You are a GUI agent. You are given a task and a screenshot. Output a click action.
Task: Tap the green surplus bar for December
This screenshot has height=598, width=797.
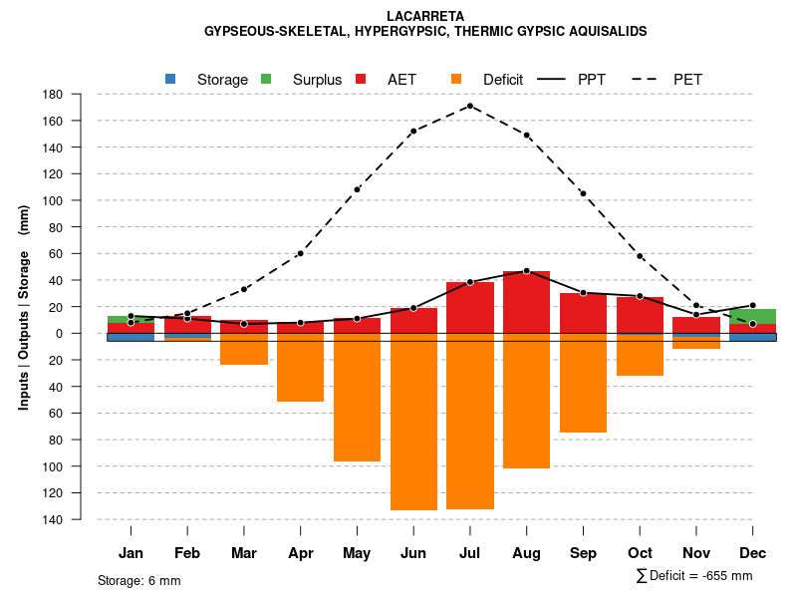(752, 316)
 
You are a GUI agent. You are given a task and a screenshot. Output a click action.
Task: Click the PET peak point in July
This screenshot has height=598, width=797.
(470, 106)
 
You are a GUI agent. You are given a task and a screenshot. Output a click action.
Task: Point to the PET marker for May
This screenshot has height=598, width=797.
(357, 189)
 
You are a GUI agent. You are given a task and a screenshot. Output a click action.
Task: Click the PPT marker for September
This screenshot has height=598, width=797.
(583, 293)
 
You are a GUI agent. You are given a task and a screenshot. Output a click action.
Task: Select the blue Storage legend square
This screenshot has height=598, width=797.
(170, 79)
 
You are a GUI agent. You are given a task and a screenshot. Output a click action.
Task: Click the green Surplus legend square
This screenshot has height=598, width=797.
(266, 79)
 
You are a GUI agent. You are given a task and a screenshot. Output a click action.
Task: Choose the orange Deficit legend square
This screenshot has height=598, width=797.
(456, 79)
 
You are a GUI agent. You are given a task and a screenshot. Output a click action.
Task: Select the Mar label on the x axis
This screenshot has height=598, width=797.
(243, 553)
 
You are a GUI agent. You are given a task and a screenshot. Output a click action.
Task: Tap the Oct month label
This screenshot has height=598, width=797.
(640, 553)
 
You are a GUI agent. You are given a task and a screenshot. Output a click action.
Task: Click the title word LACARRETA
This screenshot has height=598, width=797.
(424, 16)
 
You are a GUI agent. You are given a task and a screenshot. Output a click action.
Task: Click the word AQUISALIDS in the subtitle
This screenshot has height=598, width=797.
(602, 31)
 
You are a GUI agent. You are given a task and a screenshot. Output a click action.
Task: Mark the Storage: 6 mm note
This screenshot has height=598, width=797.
(138, 580)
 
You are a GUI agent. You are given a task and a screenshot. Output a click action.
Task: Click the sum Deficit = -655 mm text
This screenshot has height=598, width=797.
(694, 576)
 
